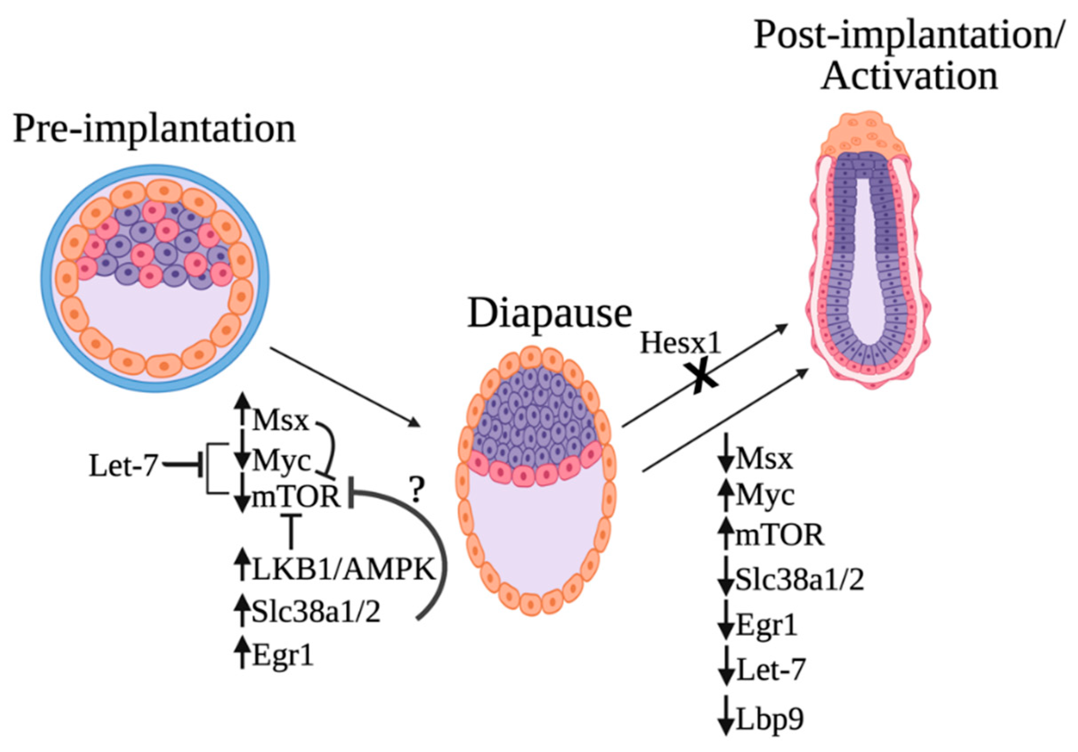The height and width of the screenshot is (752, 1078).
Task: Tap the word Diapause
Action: [x=549, y=313]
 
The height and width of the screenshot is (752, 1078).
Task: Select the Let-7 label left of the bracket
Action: [x=123, y=467]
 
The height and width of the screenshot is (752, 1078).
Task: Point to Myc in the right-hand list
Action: [x=765, y=494]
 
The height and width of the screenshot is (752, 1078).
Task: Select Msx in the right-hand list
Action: [x=764, y=458]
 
